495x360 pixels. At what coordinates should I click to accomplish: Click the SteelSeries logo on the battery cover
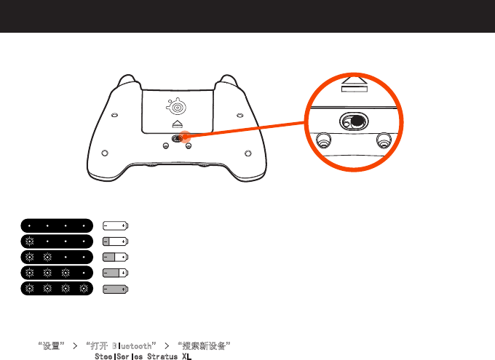(177, 107)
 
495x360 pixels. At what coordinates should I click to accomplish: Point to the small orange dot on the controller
(183, 135)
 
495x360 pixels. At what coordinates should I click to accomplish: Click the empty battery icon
(115, 224)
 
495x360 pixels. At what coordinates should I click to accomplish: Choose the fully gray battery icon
(115, 289)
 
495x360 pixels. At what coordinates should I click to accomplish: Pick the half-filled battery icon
(115, 257)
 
